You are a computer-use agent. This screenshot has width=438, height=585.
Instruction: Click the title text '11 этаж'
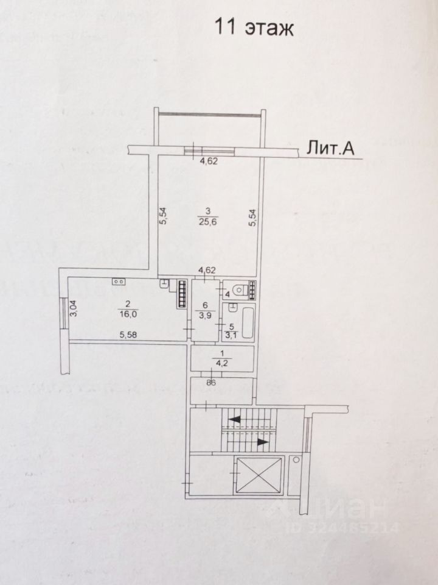(253, 27)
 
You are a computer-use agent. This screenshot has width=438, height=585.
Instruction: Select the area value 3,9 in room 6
(206, 315)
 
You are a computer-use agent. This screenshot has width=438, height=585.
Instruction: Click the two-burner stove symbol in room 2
(119, 282)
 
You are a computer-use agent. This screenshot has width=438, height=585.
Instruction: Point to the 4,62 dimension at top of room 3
(209, 161)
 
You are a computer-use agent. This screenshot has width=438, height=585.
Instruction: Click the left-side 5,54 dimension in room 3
(163, 216)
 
